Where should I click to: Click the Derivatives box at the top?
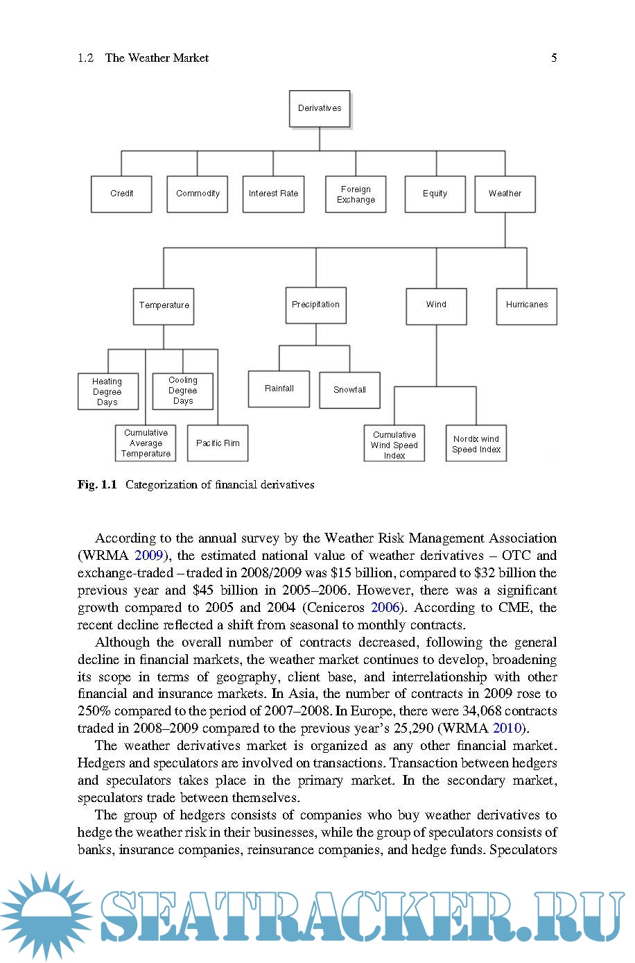click(320, 108)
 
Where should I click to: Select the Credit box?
click(121, 194)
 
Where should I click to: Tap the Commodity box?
click(198, 194)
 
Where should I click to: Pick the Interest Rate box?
click(273, 194)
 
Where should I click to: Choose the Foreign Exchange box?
click(356, 194)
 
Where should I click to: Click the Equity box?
click(435, 194)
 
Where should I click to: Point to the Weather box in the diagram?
click(505, 194)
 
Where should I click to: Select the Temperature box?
click(164, 305)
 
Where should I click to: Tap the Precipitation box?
click(315, 305)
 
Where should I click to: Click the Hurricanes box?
click(526, 305)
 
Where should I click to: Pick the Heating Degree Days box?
click(107, 391)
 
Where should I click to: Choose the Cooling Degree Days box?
click(183, 391)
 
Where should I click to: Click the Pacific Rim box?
click(218, 443)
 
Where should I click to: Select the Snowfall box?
click(349, 390)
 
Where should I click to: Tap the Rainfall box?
click(279, 389)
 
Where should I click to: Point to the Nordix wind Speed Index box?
click(476, 444)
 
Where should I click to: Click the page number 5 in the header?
click(554, 58)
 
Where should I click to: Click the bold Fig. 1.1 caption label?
click(97, 484)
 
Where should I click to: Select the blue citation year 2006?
click(385, 608)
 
